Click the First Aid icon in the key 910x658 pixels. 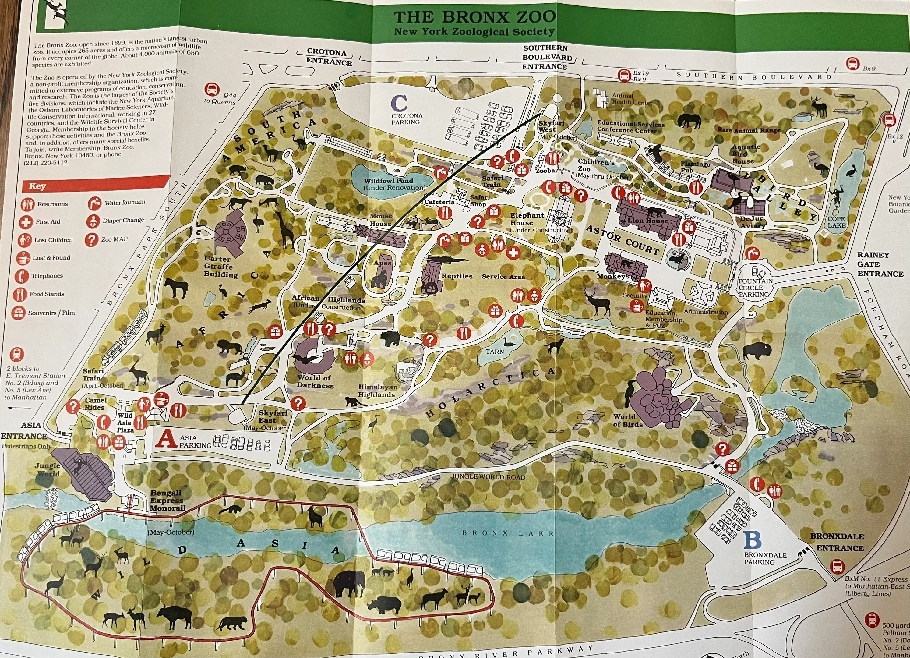coord(26,222)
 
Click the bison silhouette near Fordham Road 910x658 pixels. coord(756,351)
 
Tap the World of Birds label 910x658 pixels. coord(628,420)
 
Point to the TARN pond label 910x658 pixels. coord(494,352)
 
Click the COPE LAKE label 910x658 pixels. coord(837,222)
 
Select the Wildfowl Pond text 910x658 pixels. coord(388,181)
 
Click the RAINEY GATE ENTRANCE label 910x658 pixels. coord(880,264)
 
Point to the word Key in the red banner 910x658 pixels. coord(37,186)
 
